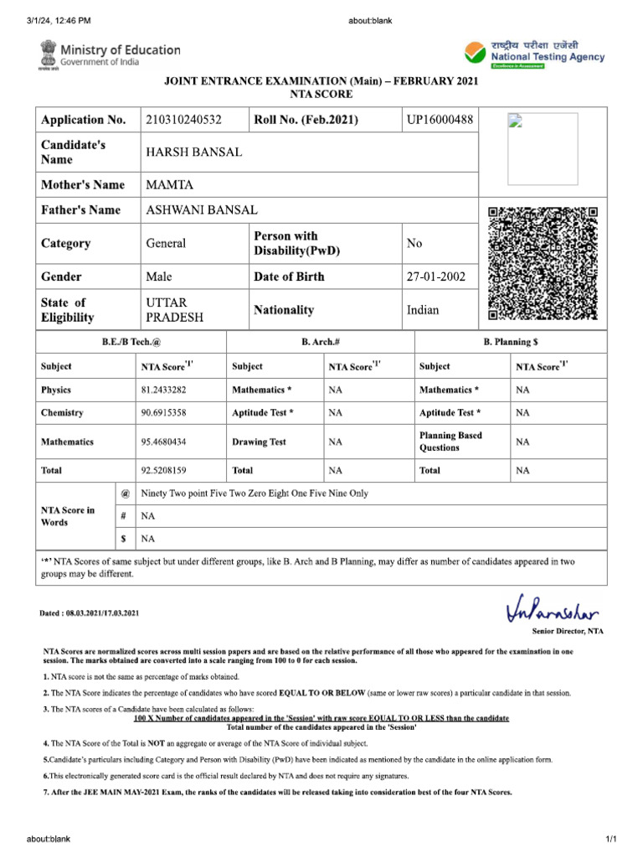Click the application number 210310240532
point(183,121)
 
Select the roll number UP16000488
point(440,121)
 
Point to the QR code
point(543,263)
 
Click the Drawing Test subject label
point(259,442)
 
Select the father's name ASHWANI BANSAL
point(202,210)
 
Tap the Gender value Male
point(159,277)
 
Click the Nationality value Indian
point(423,310)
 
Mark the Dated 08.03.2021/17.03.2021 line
point(90,614)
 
